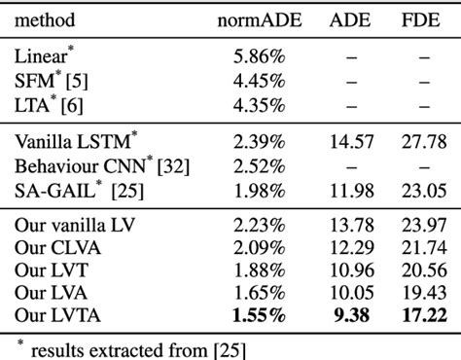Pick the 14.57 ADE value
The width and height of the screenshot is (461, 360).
point(349,142)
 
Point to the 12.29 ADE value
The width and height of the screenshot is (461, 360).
point(349,249)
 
